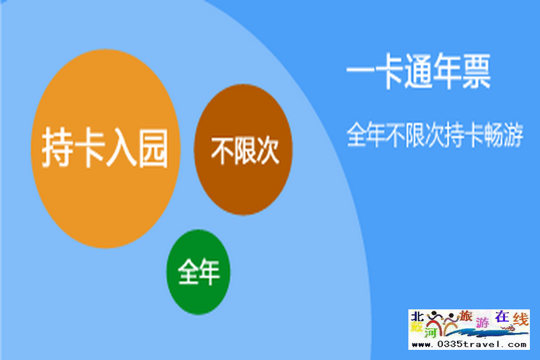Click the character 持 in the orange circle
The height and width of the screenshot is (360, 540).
(x=57, y=147)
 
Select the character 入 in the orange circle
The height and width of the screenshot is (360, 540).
(x=122, y=147)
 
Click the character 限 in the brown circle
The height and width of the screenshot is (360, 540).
(x=245, y=151)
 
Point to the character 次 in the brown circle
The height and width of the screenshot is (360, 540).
(x=267, y=151)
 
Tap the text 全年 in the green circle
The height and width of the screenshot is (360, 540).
(x=198, y=272)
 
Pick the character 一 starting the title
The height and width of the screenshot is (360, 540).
(x=360, y=72)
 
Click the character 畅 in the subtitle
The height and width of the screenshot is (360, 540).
(x=494, y=134)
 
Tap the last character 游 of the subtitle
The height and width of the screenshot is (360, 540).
(x=514, y=134)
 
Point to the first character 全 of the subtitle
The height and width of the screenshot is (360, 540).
(x=357, y=134)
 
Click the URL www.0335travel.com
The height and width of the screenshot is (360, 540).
(x=469, y=344)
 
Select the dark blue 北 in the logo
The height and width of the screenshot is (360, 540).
(x=417, y=316)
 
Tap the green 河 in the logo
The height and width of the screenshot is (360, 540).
(x=431, y=332)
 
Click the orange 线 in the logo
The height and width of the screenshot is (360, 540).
(x=520, y=319)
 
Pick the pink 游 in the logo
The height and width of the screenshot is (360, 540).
(x=483, y=322)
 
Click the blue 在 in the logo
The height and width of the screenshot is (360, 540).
(x=502, y=317)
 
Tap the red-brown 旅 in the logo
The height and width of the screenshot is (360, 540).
(x=466, y=316)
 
